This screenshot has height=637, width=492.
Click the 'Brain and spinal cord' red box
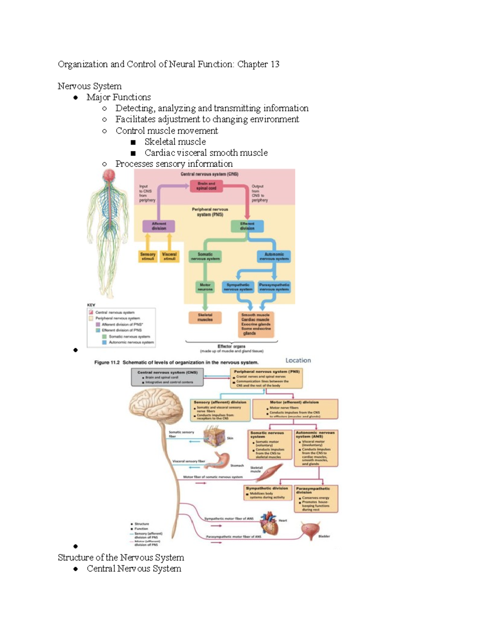[x=206, y=186]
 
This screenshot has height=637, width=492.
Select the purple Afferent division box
[x=159, y=226]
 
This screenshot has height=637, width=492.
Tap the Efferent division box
[x=247, y=226]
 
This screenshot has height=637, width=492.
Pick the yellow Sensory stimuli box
[x=148, y=256]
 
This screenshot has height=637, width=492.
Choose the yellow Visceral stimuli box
[x=169, y=256]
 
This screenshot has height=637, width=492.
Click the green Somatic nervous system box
[x=205, y=256]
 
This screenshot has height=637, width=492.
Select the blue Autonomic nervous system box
[x=274, y=256]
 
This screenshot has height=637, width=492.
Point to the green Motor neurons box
[x=205, y=287]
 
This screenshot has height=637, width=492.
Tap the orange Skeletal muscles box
[x=205, y=317]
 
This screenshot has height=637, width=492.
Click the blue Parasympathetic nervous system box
[x=274, y=287]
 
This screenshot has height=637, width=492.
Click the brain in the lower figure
[x=155, y=406]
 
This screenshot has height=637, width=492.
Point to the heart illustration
[x=269, y=523]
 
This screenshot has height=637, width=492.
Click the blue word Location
[x=298, y=361]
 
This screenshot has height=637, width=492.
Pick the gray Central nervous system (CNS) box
[x=167, y=377]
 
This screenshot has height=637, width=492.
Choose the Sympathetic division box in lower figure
[x=267, y=493]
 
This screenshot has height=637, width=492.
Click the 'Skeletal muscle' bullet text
[x=175, y=142]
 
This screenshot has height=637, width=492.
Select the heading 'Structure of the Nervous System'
[x=121, y=557]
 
